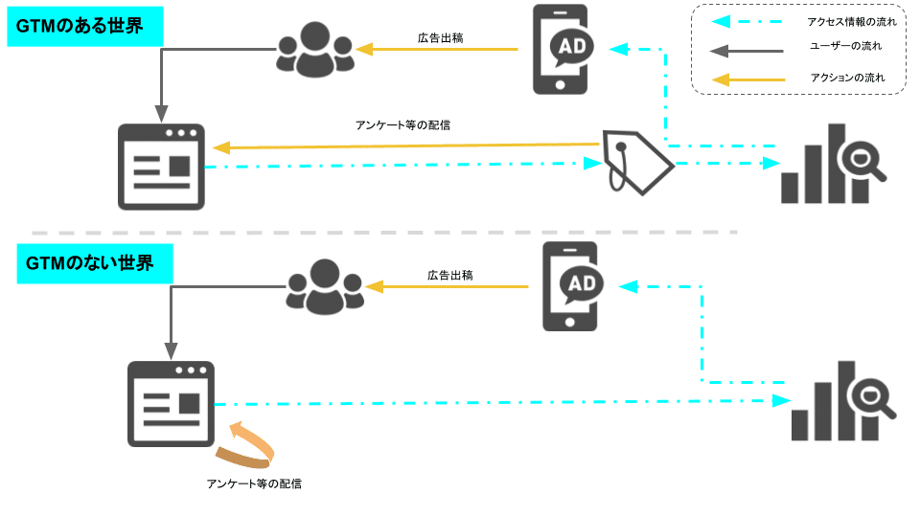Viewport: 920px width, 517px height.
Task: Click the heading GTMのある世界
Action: click(84, 26)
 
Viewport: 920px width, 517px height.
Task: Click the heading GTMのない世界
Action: click(94, 263)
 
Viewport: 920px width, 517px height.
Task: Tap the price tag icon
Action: click(637, 161)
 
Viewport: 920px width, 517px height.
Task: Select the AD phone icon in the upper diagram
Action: click(561, 49)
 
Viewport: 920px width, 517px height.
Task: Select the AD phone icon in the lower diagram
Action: click(570, 286)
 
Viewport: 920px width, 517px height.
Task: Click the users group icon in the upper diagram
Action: click(314, 50)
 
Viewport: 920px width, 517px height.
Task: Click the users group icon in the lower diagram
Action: click(325, 286)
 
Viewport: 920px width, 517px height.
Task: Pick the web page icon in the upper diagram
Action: click(161, 167)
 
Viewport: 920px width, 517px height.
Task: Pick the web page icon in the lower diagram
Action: click(171, 404)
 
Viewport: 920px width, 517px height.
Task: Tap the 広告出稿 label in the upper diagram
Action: click(441, 38)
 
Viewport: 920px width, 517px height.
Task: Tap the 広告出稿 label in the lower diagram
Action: click(449, 276)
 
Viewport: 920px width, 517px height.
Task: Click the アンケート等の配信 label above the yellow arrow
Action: click(402, 125)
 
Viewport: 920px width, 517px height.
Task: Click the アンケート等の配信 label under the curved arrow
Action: click(254, 483)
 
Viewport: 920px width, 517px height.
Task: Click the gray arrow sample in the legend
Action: click(747, 47)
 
